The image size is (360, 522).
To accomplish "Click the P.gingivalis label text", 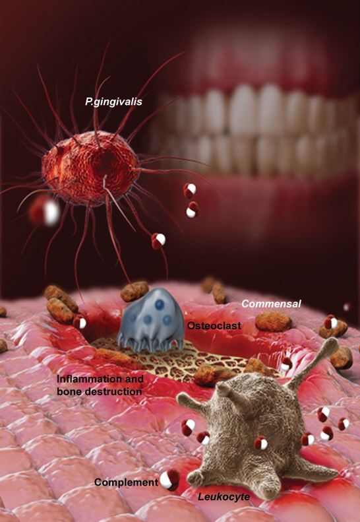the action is (113, 102).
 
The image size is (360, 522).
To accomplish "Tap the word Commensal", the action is (271, 304).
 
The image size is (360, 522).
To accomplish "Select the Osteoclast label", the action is (214, 325).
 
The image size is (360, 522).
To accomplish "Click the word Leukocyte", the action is (224, 497).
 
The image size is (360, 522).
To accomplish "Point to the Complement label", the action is (126, 482).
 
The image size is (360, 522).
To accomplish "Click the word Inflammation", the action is (100, 379).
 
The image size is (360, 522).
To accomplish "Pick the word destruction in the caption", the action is (113, 391).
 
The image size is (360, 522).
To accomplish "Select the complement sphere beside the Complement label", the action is (169, 480).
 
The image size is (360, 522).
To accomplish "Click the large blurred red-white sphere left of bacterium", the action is (45, 211).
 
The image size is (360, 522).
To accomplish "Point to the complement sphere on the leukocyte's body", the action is (261, 443).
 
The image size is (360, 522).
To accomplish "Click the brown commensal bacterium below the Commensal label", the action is (274, 321).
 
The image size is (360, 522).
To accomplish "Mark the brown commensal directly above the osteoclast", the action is (135, 291).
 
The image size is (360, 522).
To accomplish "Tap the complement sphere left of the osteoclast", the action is (80, 322).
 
